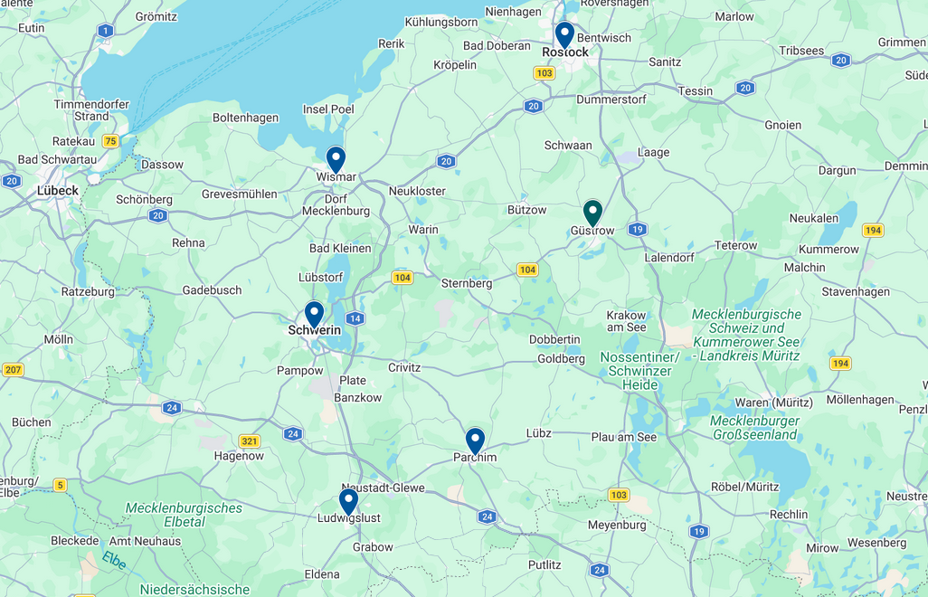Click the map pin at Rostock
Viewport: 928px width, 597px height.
[564, 34]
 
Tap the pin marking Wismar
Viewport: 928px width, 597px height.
[336, 159]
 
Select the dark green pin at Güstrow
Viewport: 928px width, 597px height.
[592, 213]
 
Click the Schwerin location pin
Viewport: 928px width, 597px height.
[314, 314]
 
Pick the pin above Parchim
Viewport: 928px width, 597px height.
[475, 441]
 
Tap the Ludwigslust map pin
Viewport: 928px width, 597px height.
[348, 501]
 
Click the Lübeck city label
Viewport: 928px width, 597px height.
[58, 191]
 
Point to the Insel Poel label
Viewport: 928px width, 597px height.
[328, 109]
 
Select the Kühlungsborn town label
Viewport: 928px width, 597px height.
[441, 21]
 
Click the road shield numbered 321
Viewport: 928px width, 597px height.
[251, 441]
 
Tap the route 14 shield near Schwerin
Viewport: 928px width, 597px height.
[355, 318]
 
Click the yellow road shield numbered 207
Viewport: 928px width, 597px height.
[13, 369]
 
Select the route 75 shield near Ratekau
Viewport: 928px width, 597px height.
[110, 140]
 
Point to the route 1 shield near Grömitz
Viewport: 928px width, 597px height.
[107, 32]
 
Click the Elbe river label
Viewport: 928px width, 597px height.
[114, 560]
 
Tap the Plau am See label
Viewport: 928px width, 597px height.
[624, 437]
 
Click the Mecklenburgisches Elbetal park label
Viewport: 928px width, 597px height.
[184, 515]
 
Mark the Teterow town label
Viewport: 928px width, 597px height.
[736, 245]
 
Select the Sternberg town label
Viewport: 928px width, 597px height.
[467, 283]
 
